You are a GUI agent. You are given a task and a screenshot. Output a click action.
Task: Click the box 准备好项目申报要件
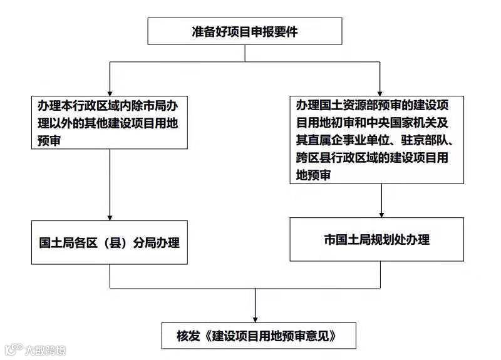244,31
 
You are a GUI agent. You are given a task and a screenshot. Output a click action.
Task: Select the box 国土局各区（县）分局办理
110,242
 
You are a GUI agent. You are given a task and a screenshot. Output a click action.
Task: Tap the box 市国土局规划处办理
376,239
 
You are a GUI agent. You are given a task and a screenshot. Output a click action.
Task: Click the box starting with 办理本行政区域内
110,122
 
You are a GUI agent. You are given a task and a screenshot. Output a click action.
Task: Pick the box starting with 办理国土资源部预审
376,139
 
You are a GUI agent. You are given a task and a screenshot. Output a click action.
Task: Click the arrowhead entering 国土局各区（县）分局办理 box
110,215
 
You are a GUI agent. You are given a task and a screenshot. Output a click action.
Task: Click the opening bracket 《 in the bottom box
208,336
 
